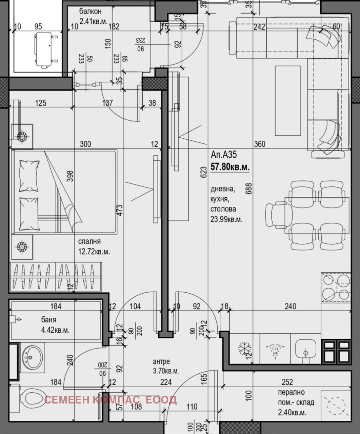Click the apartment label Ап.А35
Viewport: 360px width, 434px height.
(224, 155)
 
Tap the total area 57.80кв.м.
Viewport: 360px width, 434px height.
(230, 167)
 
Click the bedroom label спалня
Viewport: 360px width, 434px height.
(89, 242)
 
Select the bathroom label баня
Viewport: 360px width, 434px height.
(49, 320)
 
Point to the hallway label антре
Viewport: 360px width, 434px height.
(161, 362)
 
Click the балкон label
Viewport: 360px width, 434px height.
(90, 11)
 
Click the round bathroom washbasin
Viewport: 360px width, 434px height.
(32, 357)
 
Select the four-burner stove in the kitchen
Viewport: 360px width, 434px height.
(336, 287)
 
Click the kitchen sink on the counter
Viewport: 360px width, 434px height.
(306, 349)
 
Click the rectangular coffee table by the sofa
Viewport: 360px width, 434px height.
(287, 101)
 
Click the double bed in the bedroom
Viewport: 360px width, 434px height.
(64, 192)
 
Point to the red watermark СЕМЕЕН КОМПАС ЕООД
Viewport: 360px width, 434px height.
(111, 400)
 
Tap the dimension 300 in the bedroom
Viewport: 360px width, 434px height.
(85, 144)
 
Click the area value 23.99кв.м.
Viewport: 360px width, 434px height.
(226, 219)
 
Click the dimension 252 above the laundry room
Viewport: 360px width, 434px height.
(287, 382)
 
